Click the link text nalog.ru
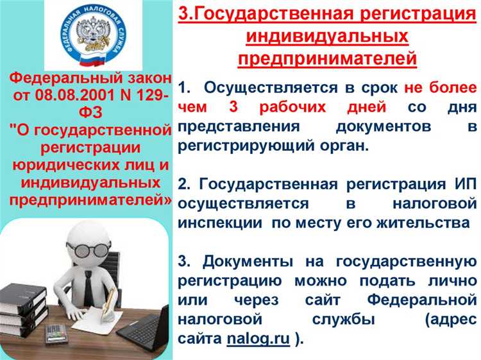pyautogui.click(x=258, y=340)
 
